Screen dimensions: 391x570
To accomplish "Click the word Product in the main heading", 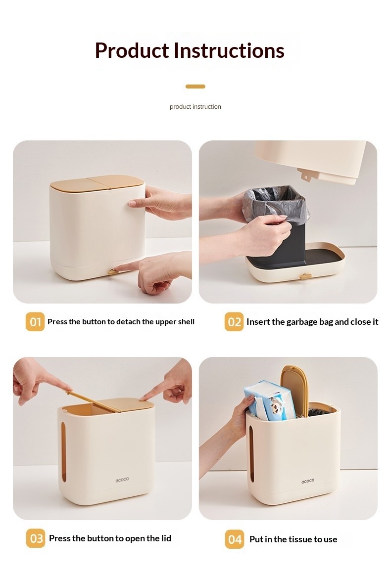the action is (132, 50).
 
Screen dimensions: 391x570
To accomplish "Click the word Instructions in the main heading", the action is (229, 50).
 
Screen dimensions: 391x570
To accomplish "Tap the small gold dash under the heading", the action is (195, 87).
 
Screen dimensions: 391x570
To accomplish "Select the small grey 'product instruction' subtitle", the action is (195, 106).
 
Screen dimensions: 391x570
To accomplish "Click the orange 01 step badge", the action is (35, 322).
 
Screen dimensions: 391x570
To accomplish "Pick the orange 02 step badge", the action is (234, 322).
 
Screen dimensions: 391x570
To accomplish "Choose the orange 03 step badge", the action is (36, 538).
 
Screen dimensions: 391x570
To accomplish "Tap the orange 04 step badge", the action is (235, 539).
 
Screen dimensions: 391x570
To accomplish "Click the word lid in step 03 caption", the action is (166, 538).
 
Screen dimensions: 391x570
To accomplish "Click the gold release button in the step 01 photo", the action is (112, 271).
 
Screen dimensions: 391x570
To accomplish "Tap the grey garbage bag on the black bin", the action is (275, 204).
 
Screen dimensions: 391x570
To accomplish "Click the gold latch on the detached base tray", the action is (305, 276).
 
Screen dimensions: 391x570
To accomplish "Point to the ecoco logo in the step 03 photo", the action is (122, 480).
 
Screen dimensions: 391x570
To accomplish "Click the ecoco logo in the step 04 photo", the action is (308, 481).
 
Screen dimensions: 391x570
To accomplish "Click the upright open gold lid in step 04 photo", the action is (294, 390).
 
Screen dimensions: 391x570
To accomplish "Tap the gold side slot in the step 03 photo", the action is (64, 452).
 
